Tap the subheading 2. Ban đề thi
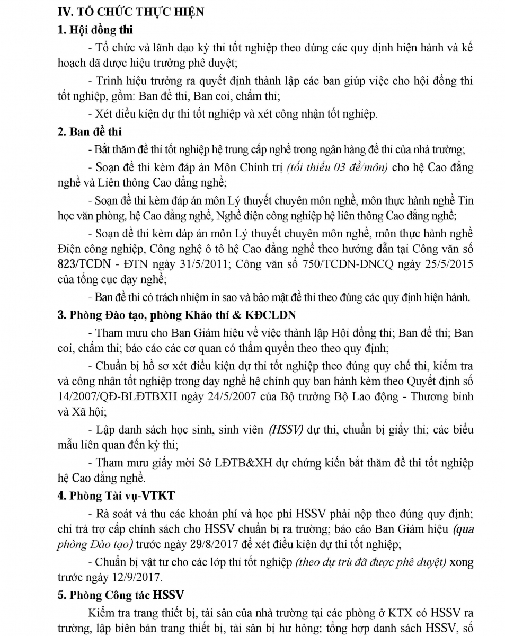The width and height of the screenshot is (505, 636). [x=90, y=131]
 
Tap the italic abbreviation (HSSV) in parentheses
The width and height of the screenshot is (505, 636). [x=286, y=430]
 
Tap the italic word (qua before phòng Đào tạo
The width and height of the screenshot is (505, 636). [x=462, y=528]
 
